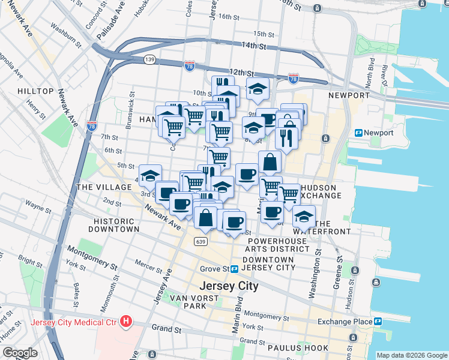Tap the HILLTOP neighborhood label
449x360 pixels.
(x=35, y=91)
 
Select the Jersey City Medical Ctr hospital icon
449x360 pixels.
(x=125, y=322)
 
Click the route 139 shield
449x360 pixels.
(x=149, y=59)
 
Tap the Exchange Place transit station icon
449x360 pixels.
(x=378, y=322)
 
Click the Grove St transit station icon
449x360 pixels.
(x=235, y=269)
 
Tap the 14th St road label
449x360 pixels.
(x=253, y=46)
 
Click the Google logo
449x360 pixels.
(x=20, y=353)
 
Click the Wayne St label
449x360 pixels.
(x=37, y=209)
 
